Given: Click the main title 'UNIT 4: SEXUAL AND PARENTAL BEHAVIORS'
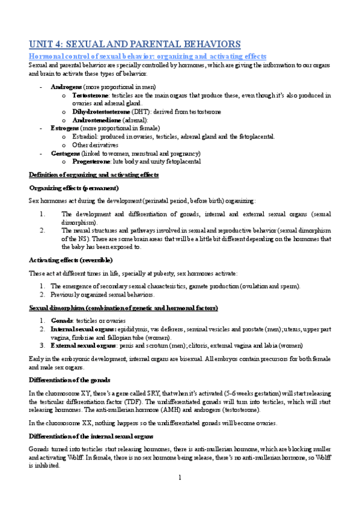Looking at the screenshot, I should tap(135, 44).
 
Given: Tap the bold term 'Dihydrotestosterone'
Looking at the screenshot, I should tap(99, 112).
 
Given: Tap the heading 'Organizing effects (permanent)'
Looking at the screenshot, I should tap(78, 188).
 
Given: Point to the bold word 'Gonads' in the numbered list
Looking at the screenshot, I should tap(61, 321).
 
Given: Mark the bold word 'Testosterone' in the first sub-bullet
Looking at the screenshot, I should tap(90, 95).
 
